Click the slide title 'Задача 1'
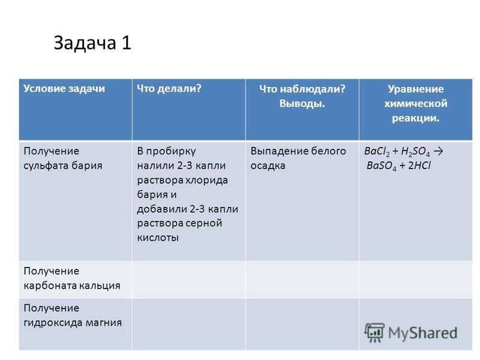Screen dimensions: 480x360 coord(92,43)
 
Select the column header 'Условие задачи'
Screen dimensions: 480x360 coord(64,88)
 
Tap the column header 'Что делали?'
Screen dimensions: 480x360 coord(169,88)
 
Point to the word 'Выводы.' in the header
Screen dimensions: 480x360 coord(302,103)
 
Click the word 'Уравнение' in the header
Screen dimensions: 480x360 coord(416,89)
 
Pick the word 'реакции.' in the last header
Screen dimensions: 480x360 coord(416,118)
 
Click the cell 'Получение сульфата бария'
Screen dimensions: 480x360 coord(63,158)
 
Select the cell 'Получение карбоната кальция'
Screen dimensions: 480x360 coord(72,278)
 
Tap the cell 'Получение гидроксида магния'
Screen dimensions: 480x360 coord(73,316)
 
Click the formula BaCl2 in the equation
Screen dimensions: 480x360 coord(377,152)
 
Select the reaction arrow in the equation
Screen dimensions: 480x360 coord(439,151)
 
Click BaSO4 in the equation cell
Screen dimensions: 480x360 coord(382,166)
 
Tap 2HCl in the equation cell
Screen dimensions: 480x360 coord(419,166)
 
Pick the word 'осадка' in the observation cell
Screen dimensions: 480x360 coord(268,166)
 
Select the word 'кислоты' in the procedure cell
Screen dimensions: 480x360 coord(158,238)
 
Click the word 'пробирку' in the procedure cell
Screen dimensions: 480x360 coord(171,152)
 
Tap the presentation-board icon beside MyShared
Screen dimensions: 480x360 coord(374,332)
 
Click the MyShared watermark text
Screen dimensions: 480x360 coord(423,333)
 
